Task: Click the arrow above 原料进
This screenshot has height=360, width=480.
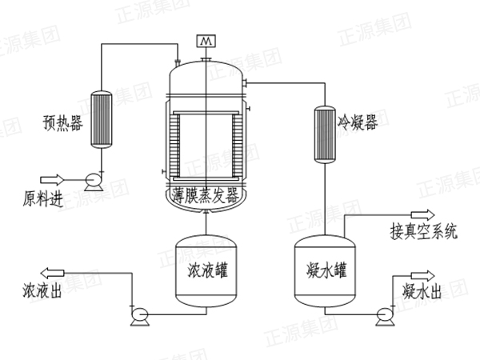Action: coord(52,180)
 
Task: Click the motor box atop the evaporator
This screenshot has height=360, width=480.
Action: coord(206,40)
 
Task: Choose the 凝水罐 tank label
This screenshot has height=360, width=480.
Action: coord(325,267)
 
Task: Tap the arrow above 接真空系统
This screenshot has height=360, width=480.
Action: coord(422,214)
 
